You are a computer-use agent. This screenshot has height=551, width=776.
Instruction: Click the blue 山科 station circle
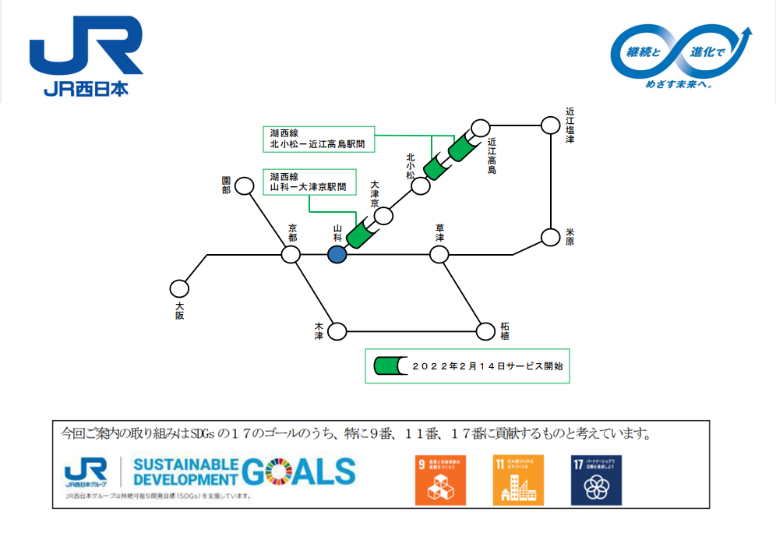337,255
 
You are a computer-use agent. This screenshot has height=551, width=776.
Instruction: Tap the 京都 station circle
291,255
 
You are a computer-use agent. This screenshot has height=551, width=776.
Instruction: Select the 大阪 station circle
180,289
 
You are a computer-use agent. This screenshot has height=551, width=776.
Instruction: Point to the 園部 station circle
245,186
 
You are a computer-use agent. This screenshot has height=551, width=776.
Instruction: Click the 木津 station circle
337,332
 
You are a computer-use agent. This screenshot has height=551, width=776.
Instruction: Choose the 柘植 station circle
485,332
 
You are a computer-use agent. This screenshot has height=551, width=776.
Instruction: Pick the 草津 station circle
439,255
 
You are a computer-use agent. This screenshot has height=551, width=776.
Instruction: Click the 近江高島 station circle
481,126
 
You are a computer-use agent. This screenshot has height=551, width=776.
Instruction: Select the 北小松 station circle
421,186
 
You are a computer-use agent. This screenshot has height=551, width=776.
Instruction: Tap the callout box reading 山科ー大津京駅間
310,182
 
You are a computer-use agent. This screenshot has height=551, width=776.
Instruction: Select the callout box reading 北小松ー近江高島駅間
317,139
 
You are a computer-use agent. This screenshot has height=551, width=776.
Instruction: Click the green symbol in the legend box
387,366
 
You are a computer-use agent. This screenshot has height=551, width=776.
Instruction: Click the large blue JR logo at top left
86,55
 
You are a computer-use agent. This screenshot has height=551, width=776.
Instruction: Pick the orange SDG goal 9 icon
440,479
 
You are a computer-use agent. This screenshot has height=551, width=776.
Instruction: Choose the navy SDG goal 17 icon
596,479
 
